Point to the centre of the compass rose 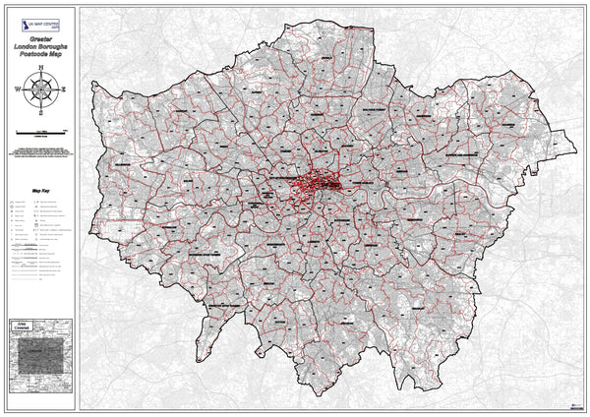click(40, 89)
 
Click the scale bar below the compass click(40, 131)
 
